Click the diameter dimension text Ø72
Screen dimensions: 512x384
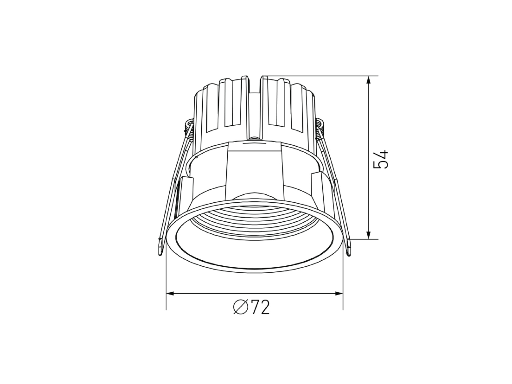click(x=251, y=307)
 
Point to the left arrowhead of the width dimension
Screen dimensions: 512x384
click(x=170, y=294)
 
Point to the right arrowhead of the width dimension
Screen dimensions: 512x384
click(x=339, y=294)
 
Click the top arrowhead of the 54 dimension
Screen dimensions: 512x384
click(x=368, y=80)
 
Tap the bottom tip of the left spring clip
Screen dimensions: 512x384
click(x=160, y=254)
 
